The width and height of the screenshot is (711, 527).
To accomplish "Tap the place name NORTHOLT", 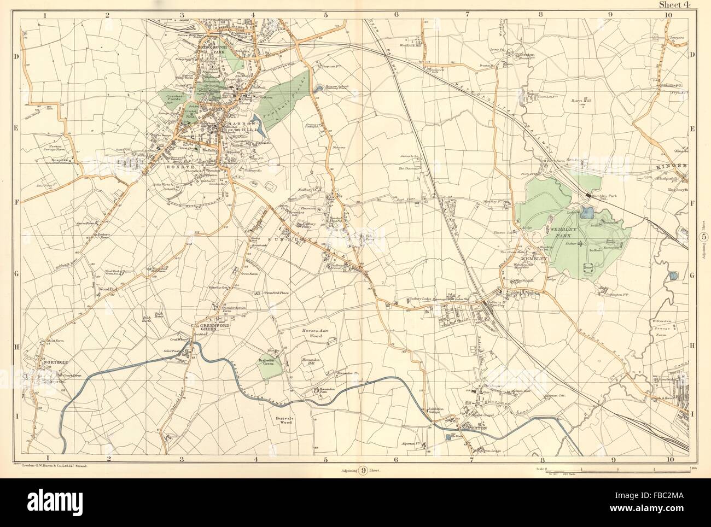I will [x=53, y=362].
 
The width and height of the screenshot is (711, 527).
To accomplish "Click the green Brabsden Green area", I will [x=271, y=366].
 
